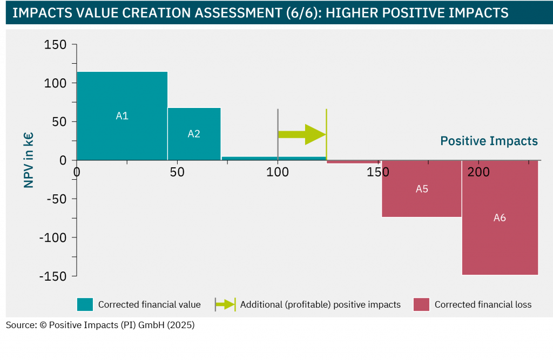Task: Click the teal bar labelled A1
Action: (122, 116)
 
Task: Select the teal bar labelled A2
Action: (194, 134)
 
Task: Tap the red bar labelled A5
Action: (422, 189)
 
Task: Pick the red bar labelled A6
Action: (500, 218)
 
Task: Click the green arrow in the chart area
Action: (302, 134)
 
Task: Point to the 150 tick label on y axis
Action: (55, 45)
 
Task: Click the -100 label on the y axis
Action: (53, 237)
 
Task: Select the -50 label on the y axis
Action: (57, 199)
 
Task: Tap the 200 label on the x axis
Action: (478, 172)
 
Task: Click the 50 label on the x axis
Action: (177, 172)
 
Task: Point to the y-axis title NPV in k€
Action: (28, 160)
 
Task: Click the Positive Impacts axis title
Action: (489, 141)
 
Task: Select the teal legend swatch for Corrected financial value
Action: (85, 304)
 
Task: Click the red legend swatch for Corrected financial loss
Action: (421, 304)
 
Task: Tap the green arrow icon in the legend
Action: (225, 304)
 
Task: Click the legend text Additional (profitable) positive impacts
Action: (320, 304)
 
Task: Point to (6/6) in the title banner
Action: (302, 13)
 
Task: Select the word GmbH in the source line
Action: (151, 325)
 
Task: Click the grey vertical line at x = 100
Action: (278, 134)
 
